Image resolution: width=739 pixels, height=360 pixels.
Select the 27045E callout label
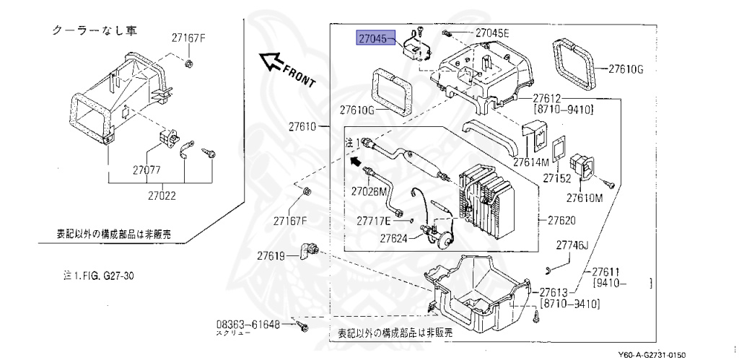492,33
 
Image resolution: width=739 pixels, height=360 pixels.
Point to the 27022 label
167,195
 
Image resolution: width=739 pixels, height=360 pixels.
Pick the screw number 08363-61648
249,324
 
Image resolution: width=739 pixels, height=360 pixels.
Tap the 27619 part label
274,255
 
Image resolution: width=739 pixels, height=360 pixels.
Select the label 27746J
573,246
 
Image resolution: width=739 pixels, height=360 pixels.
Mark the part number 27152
558,177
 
